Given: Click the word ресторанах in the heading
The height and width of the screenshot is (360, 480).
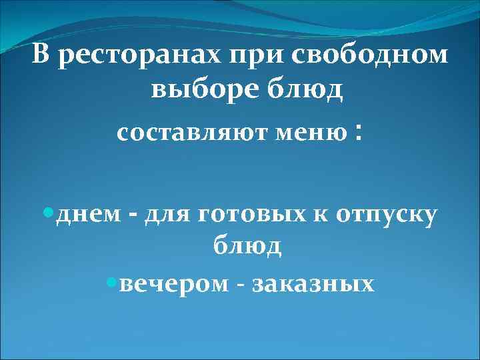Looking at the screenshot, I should pyautogui.click(x=139, y=57).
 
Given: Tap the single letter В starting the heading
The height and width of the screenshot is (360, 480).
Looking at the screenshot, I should pyautogui.click(x=41, y=55).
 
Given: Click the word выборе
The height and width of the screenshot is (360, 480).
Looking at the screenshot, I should pyautogui.click(x=197, y=89).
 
